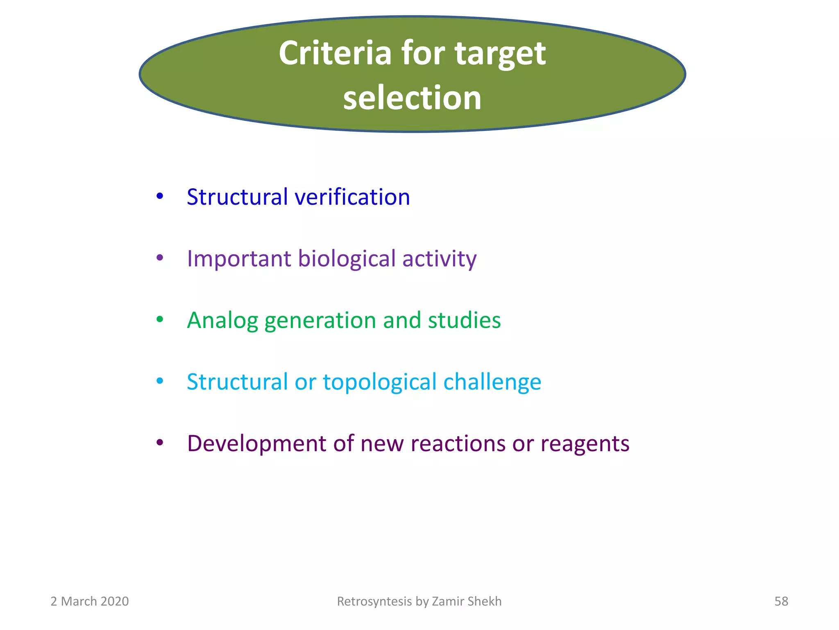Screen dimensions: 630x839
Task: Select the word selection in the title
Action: pos(412,98)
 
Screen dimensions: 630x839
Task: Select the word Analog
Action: pos(222,321)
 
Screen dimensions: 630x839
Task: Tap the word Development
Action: pos(256,444)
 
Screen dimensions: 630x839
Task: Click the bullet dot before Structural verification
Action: pos(160,196)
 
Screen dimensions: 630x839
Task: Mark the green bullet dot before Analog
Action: pos(160,320)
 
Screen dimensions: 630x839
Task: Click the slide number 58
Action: pos(781,601)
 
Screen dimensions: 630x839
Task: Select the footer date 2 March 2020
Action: pos(90,601)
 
